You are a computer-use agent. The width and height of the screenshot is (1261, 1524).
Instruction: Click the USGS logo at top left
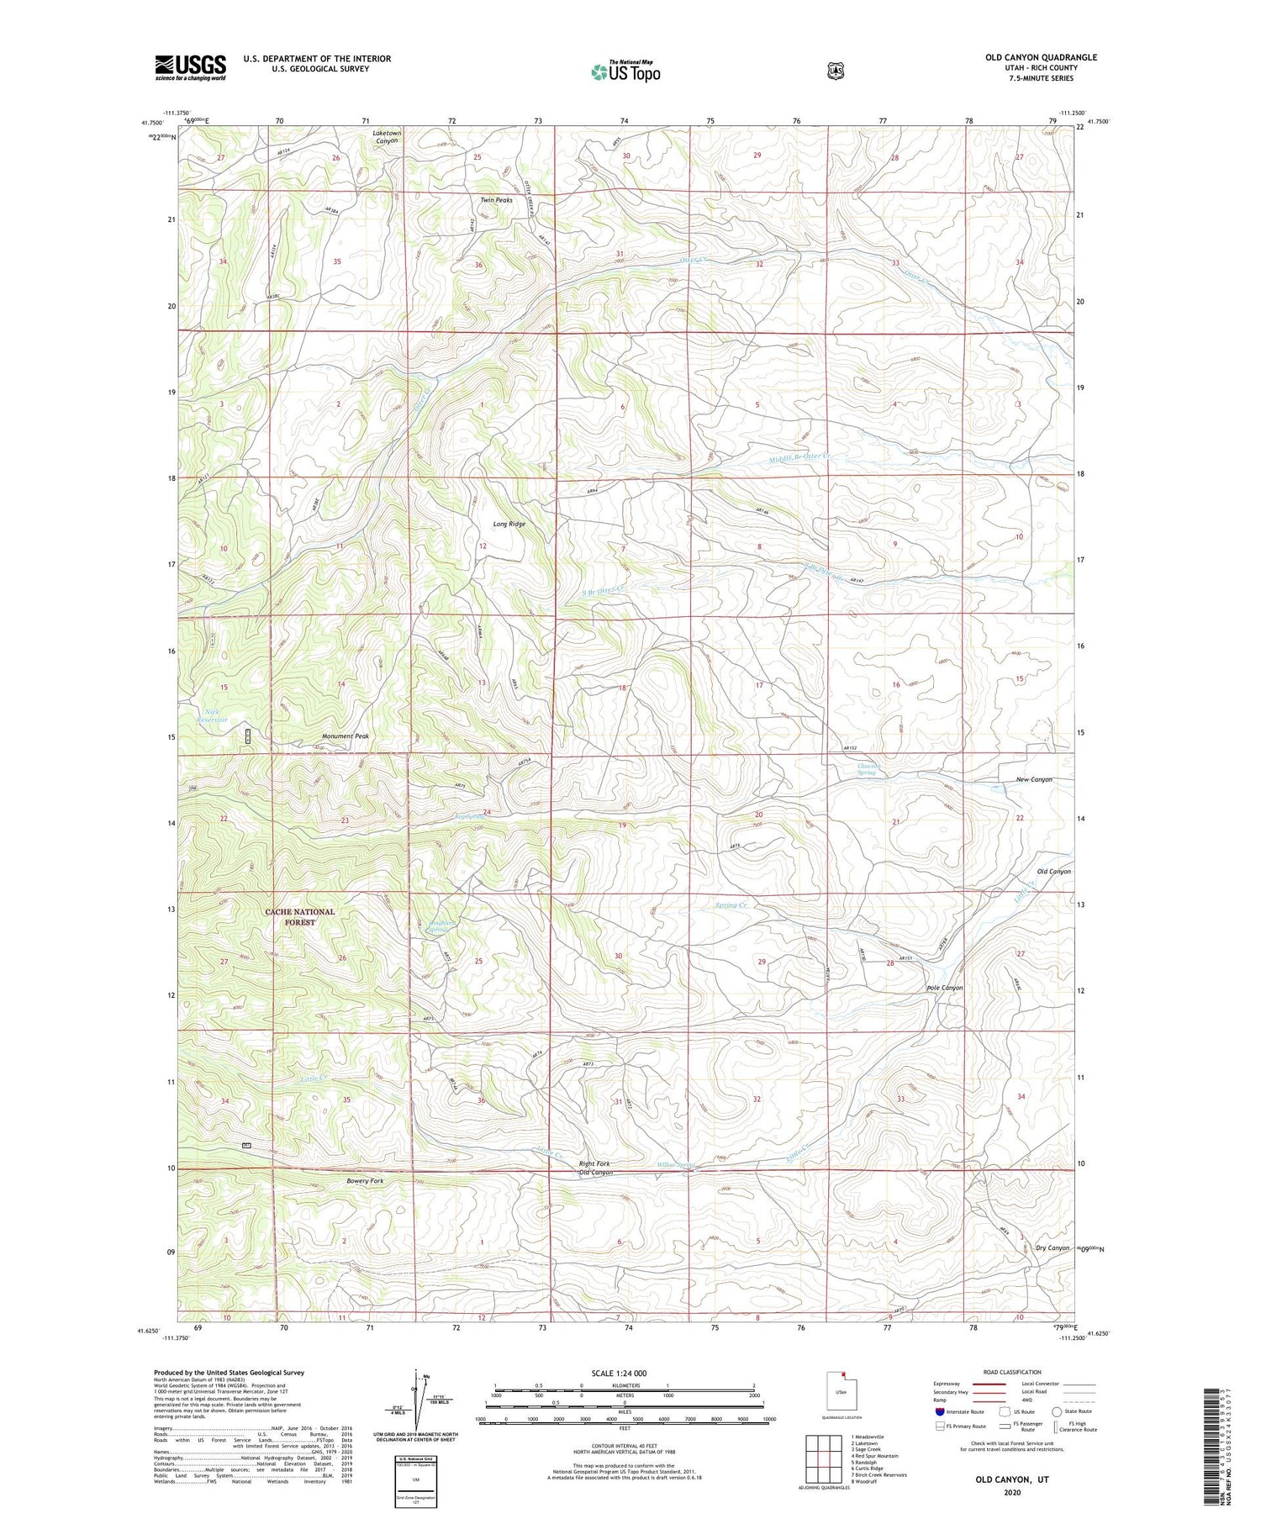tap(190, 67)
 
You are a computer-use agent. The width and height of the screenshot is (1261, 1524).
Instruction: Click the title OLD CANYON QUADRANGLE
tap(1041, 57)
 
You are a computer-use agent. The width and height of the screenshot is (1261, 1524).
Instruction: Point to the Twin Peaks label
tap(496, 200)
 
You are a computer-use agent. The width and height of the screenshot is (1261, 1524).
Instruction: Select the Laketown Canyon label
tap(386, 137)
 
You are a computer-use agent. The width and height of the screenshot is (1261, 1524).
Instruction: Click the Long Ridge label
tap(509, 524)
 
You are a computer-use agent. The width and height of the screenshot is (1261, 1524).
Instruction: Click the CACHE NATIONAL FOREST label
tap(299, 916)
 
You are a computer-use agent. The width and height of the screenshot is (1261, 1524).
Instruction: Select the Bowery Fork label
tap(365, 1181)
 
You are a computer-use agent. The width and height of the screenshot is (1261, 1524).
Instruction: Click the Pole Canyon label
tap(944, 988)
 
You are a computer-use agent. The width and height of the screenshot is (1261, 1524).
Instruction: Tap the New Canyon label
tap(1034, 779)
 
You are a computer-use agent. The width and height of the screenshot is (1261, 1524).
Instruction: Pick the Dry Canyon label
tap(1052, 1247)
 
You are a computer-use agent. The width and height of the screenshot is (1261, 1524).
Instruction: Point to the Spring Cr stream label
tap(731, 905)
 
